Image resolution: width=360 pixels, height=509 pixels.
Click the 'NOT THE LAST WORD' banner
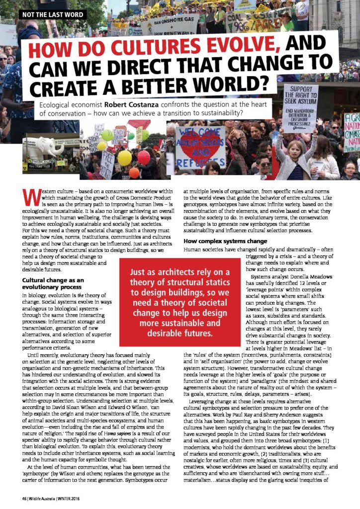pos(52,14)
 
